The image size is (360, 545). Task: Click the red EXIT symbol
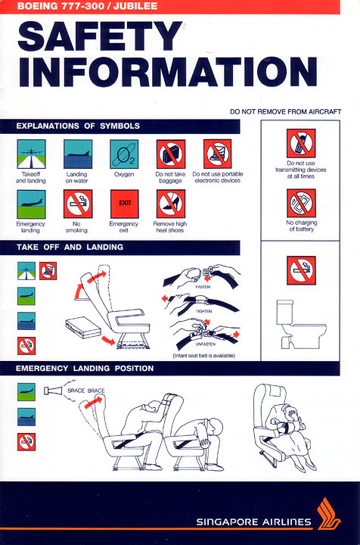(x=124, y=204)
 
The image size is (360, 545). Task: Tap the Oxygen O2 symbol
(x=124, y=154)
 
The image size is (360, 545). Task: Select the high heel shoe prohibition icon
(x=171, y=204)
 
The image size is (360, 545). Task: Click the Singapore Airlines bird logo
(x=328, y=514)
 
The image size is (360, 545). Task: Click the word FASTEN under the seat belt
(x=203, y=287)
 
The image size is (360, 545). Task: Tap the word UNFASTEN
(x=206, y=344)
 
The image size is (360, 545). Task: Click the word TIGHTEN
(x=203, y=311)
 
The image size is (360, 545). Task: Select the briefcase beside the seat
(x=82, y=327)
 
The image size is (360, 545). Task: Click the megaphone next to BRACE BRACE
(x=53, y=391)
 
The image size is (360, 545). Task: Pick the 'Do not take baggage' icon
(x=171, y=154)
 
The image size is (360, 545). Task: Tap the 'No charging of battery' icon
(x=301, y=204)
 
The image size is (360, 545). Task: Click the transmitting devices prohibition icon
(x=301, y=143)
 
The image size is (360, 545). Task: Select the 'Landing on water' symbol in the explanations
(x=78, y=154)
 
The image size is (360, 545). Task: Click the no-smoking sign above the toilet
(x=301, y=270)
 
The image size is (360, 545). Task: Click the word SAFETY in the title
(x=100, y=36)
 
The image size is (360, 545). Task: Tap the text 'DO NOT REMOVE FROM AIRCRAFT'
(x=285, y=111)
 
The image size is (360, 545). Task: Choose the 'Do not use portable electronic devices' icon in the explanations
(x=218, y=154)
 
